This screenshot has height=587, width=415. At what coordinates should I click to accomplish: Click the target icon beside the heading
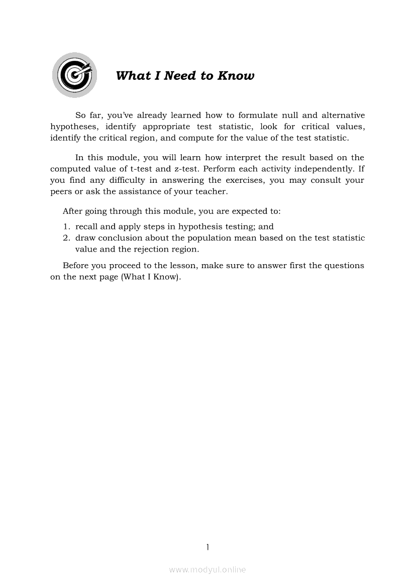74,75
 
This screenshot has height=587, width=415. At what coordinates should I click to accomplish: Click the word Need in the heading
181,76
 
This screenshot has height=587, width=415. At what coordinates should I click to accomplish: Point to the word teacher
214,191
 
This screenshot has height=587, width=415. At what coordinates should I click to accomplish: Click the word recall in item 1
86,226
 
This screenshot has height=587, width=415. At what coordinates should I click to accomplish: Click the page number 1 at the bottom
207,547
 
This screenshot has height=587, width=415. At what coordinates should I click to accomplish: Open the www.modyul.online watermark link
207,569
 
